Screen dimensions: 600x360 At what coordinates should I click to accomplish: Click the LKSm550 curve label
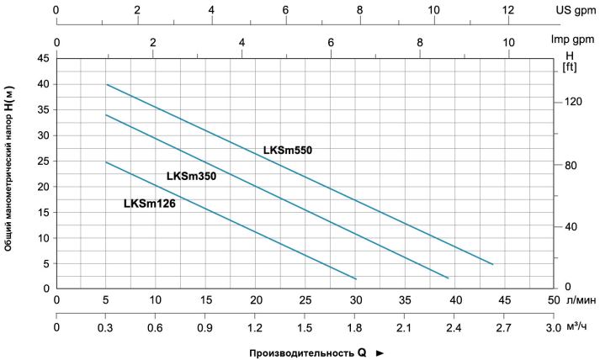288,151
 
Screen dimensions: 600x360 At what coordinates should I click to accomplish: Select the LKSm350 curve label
191,176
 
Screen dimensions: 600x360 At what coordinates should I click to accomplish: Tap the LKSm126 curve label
150,204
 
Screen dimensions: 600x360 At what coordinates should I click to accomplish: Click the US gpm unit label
576,10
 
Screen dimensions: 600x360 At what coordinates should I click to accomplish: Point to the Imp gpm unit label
573,39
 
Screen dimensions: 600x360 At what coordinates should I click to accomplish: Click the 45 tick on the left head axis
45,59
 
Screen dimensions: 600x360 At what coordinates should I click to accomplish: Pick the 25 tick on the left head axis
45,161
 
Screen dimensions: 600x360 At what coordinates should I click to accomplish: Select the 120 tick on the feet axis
573,102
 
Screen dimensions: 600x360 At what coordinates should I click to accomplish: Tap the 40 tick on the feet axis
571,227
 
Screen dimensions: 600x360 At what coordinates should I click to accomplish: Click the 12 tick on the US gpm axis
507,10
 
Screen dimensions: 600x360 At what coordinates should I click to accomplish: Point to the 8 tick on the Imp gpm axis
420,42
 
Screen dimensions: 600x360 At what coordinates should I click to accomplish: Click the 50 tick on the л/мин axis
554,300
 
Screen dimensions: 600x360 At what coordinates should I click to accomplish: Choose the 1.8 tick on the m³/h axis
355,328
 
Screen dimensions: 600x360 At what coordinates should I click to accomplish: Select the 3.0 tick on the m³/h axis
554,328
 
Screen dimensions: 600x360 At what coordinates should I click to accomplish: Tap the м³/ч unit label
576,326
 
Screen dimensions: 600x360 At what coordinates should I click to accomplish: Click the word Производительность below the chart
301,353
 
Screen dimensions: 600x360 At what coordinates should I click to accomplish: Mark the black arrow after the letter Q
380,353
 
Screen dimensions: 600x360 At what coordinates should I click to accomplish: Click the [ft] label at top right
570,67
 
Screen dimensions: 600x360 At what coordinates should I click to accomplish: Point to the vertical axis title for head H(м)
8,169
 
